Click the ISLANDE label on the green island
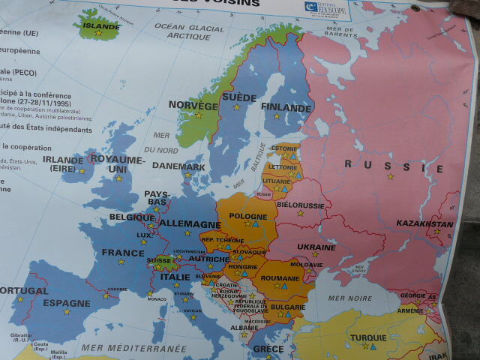(100, 25)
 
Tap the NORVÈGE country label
(193, 106)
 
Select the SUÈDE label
(239, 97)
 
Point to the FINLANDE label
(286, 107)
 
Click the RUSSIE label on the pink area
(393, 166)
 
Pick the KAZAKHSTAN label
(424, 223)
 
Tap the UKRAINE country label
(316, 247)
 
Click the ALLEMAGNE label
(190, 224)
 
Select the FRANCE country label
(123, 253)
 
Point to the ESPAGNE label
(67, 303)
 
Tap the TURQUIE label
(368, 337)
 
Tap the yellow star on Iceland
(97, 34)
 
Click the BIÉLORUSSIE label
(300, 204)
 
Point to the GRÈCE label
(268, 349)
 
